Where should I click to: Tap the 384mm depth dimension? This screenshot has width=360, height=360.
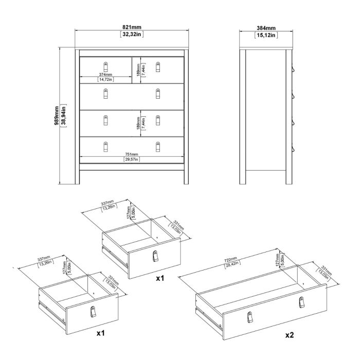[266, 28]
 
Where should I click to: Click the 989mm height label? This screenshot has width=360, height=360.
[57, 117]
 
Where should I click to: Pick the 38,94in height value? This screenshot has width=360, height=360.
[63, 117]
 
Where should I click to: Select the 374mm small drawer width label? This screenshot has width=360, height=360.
[105, 75]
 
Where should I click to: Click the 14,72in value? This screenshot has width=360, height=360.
[105, 80]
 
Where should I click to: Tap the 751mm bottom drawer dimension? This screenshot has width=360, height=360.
[131, 154]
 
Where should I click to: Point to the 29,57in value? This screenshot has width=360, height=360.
[131, 159]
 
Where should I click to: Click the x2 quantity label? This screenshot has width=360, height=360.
[290, 335]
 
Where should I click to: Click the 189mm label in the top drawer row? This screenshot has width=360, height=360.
[138, 69]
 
